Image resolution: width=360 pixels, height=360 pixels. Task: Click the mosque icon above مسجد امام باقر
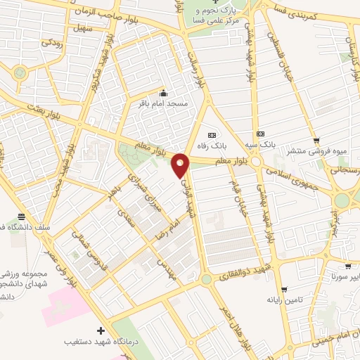[x=164, y=94]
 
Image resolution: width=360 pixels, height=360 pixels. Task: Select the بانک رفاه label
[x=212, y=146]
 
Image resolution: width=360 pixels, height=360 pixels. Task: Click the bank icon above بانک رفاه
[x=212, y=135]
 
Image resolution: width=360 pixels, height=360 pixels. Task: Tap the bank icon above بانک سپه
[x=261, y=134]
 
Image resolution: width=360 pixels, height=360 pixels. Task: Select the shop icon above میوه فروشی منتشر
[x=317, y=140]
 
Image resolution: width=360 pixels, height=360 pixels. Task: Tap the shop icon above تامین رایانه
[x=284, y=290]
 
